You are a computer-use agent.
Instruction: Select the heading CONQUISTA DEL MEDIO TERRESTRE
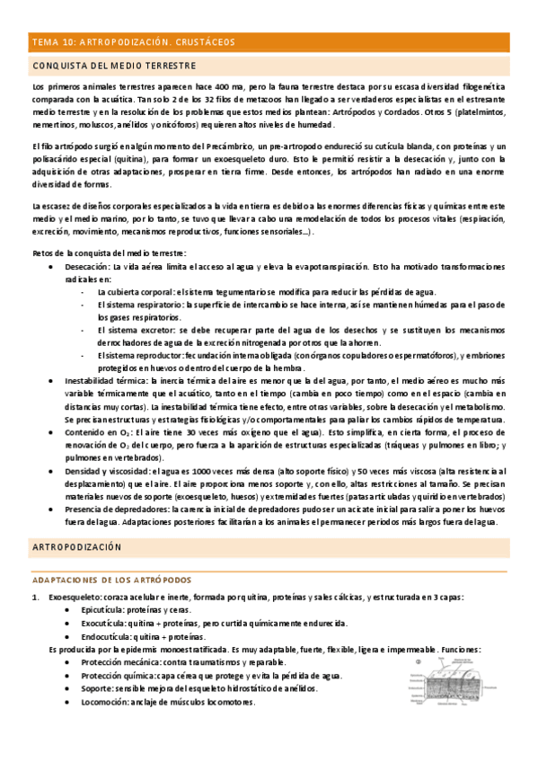coord(113,66)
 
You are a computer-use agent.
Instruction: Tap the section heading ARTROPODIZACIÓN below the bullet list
coord(76,546)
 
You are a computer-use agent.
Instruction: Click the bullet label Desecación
coord(87,267)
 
